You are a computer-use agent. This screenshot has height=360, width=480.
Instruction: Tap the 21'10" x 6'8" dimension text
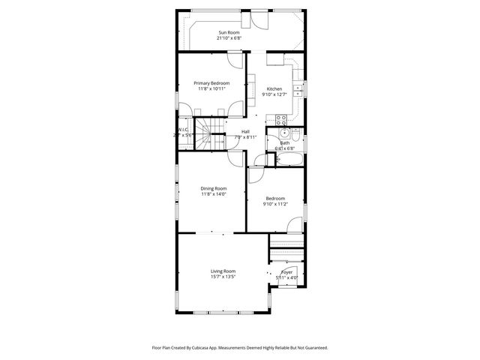coord(230,38)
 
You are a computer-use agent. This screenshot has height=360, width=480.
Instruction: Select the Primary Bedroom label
coord(211,82)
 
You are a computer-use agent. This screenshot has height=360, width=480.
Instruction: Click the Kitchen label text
coord(274,89)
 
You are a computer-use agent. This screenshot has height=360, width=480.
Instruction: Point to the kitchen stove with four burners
coord(281,118)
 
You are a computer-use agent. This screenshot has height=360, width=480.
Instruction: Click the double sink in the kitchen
coord(298,91)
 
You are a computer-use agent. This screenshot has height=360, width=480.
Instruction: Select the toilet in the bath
coord(295,136)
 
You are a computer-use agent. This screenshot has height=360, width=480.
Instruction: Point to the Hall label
coord(245,131)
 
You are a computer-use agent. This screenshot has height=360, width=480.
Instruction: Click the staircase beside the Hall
coord(211,132)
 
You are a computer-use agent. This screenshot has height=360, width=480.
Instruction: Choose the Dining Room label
coord(213,188)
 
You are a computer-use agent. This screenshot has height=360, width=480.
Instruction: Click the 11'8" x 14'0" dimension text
coord(213,194)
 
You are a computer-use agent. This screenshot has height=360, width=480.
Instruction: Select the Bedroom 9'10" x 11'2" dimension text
coord(274,204)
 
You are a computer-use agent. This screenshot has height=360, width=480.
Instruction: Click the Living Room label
coord(223,271)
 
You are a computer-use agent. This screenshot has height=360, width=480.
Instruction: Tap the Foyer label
coord(286,271)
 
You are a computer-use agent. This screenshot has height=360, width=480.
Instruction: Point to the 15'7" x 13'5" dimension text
coord(223,277)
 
